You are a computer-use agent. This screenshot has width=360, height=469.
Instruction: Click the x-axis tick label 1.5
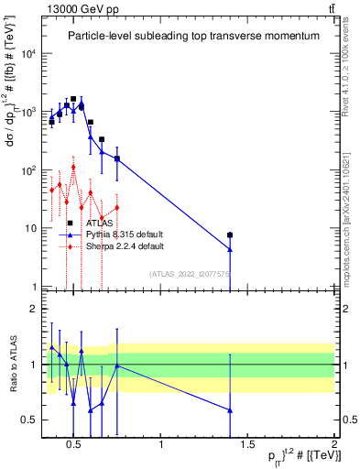click(247, 445)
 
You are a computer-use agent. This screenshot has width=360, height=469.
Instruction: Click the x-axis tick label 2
click(333, 445)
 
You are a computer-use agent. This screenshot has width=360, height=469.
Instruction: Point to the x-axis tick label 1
click(161, 445)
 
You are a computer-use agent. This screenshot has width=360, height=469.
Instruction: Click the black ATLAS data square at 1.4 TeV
click(230, 235)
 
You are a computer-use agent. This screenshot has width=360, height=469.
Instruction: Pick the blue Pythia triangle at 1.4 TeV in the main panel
click(230, 249)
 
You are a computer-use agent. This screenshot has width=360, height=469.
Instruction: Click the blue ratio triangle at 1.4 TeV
click(230, 409)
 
